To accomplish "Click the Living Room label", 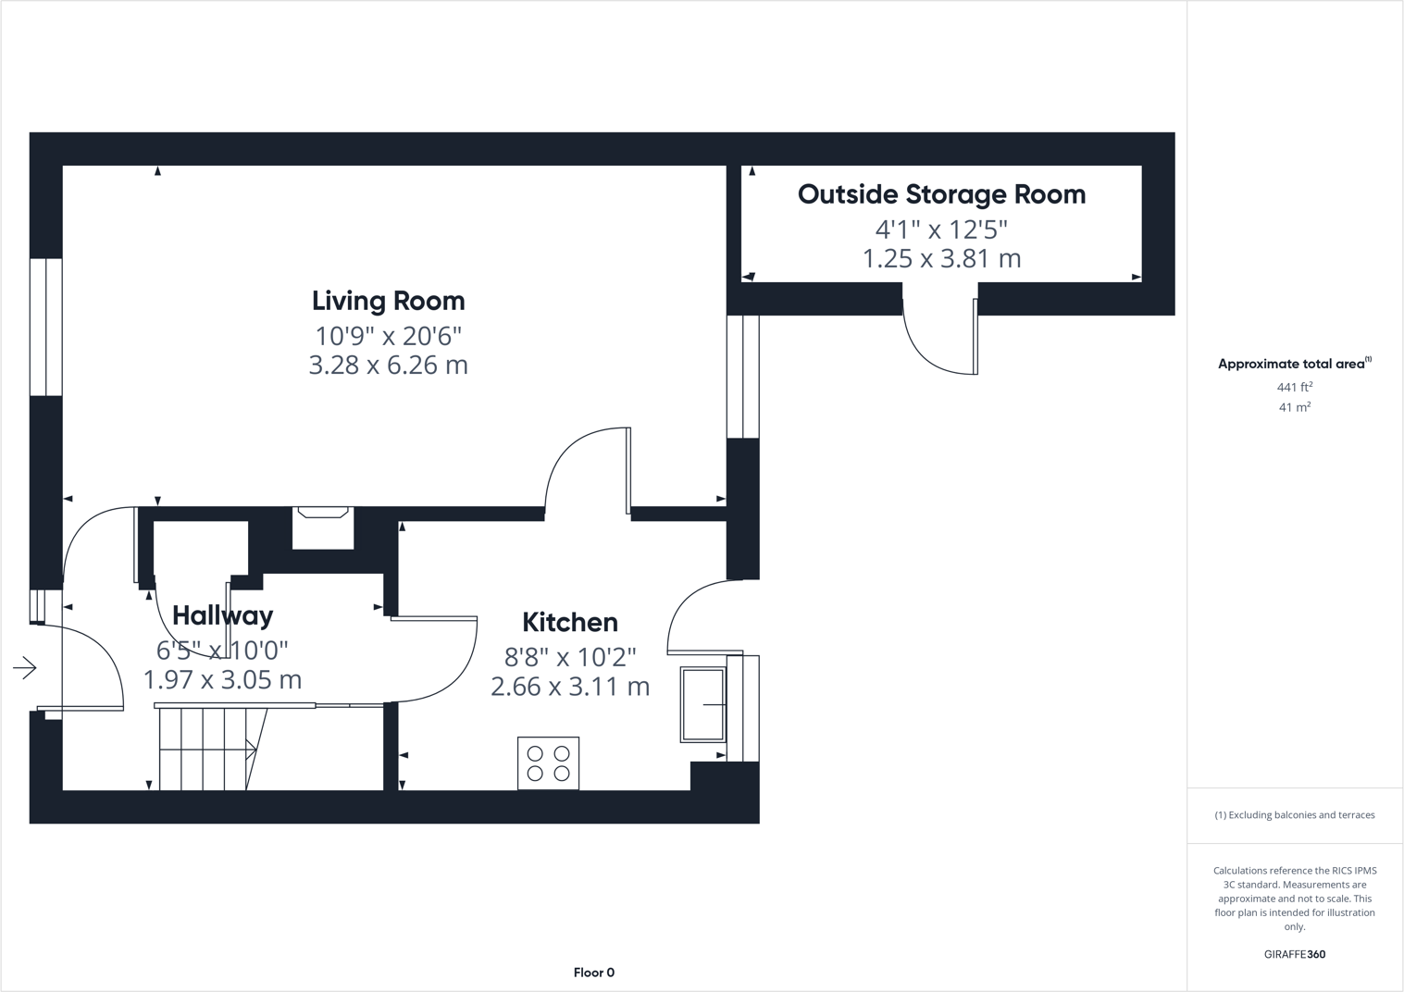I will (388, 301).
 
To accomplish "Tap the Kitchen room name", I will (569, 622).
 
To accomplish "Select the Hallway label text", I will (222, 615).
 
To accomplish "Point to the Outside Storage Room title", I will (941, 194).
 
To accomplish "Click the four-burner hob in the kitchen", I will (548, 763).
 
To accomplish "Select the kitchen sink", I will (703, 704).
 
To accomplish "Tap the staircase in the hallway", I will (208, 749).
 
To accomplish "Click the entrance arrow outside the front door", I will (25, 667).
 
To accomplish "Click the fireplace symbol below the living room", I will (323, 527).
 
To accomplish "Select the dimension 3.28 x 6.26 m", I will (388, 365).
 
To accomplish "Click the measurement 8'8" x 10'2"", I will (569, 657).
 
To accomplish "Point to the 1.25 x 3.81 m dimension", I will (941, 258).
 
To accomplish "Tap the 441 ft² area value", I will (1294, 388).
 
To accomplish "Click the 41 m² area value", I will (1294, 407).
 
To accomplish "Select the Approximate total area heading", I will (1293, 364).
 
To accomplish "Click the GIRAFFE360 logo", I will (1294, 954).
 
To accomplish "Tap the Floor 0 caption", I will (593, 973).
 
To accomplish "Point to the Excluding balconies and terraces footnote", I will (1294, 815).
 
